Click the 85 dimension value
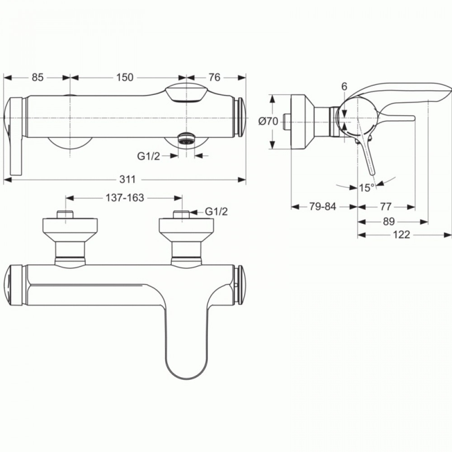click(38, 77)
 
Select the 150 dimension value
click(125, 77)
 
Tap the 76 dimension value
click(214, 77)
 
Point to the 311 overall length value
click(127, 179)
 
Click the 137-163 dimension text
click(125, 198)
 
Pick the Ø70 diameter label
click(268, 121)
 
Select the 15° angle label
click(367, 188)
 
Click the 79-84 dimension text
click(323, 207)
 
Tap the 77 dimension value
click(386, 207)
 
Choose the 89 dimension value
click(389, 221)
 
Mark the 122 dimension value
click(401, 235)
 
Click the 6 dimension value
click(344, 86)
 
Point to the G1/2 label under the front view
click(148, 156)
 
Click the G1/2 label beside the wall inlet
click(216, 212)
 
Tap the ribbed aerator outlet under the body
click(186, 138)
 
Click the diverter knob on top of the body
click(186, 92)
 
